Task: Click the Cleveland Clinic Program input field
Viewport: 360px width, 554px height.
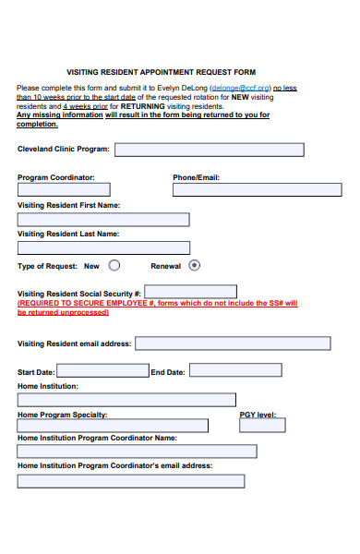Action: [x=209, y=150]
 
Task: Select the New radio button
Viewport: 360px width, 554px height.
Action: [x=114, y=265]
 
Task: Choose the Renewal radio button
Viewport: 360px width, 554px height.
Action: [x=194, y=265]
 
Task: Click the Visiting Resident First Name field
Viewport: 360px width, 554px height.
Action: [x=103, y=220]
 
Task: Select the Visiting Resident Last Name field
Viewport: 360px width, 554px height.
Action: [x=103, y=247]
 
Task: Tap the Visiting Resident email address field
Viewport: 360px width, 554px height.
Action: [x=233, y=343]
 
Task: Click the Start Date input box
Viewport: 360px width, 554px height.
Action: [x=102, y=371]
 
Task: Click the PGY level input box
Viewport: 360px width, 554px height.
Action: [x=262, y=426]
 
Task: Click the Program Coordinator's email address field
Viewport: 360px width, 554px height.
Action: [x=131, y=480]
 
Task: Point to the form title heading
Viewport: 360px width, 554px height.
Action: [x=162, y=71]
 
